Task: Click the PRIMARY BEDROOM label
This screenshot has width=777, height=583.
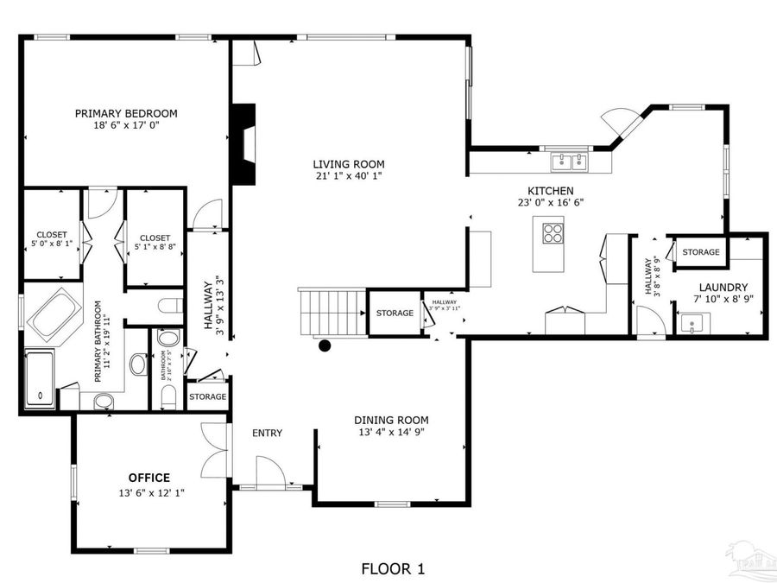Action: click(126, 113)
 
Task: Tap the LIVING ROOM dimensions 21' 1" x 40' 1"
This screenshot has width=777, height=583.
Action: click(349, 176)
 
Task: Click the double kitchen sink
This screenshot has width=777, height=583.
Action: click(568, 160)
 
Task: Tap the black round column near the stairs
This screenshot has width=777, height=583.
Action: click(325, 346)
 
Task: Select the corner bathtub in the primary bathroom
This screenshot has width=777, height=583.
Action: click(54, 317)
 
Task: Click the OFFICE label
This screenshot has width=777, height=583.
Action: click(149, 478)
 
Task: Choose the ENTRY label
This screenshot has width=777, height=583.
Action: click(267, 433)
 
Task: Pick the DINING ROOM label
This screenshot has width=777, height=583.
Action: click(391, 421)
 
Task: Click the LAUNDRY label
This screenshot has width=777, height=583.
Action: click(723, 288)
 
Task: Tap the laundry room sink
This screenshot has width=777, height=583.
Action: click(691, 325)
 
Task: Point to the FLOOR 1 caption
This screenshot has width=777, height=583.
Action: click(393, 568)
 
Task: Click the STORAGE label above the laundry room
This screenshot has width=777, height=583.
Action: click(700, 252)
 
